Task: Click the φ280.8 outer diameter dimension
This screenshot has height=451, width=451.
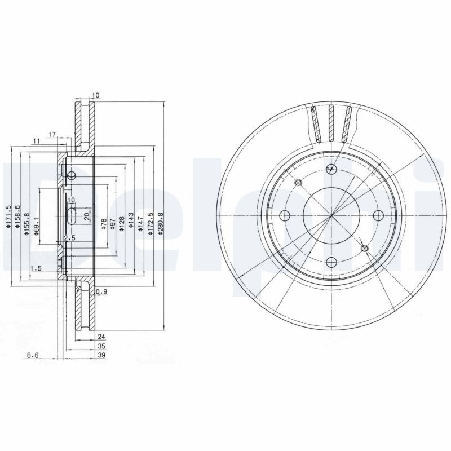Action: tap(161, 223)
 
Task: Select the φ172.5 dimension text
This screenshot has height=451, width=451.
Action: tap(151, 223)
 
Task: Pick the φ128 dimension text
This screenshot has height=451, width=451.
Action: tap(121, 224)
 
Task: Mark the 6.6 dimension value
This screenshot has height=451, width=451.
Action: tap(33, 356)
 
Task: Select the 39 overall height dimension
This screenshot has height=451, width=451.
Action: tap(101, 356)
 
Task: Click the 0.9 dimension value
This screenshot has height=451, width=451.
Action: tap(101, 291)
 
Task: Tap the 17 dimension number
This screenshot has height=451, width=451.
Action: tap(51, 134)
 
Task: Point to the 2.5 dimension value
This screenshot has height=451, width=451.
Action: tap(70, 238)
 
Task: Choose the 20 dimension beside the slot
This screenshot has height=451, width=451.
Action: tap(86, 216)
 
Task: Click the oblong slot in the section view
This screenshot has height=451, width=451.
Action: tap(72, 215)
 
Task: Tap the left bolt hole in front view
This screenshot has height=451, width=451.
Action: tap(285, 215)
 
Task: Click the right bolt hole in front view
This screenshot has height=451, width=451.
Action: tap(378, 215)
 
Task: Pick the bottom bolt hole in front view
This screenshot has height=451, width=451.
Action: tap(331, 262)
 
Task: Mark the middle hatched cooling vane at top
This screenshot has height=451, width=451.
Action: tap(331, 123)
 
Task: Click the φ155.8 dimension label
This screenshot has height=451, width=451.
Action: tap(26, 218)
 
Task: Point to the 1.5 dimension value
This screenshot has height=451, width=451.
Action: tap(36, 269)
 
